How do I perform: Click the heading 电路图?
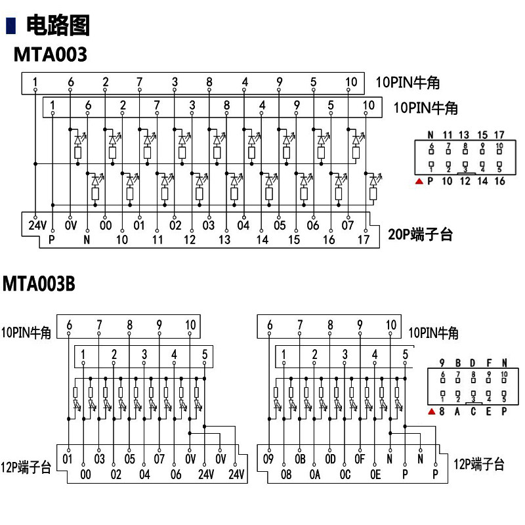pos(57,26)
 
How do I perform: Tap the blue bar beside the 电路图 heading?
pos(10,26)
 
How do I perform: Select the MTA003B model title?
pos(39,284)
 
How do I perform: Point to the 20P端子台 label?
pos(420,234)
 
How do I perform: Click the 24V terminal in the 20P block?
pos(37,226)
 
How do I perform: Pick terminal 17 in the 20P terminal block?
pos(364,240)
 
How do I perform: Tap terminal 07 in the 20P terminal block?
pos(348,226)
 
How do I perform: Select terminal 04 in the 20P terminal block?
pos(243,226)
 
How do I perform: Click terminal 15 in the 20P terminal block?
pos(294,240)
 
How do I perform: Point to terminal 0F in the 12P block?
pos(360,458)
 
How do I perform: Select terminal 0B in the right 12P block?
pos(300,458)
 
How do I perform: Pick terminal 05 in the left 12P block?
pos(130,458)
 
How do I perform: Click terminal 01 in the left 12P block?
pos(68,458)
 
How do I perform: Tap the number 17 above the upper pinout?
pos(499,134)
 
